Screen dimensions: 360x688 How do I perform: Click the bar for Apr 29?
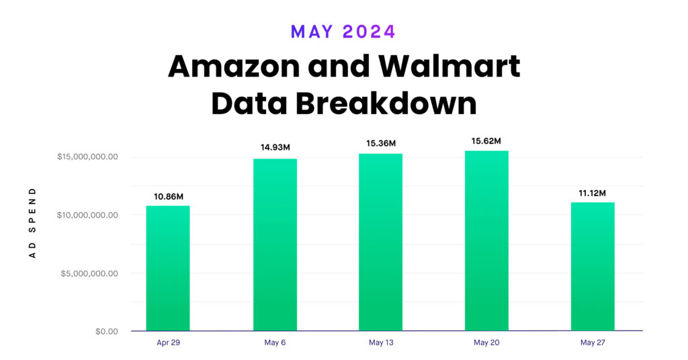click(x=167, y=268)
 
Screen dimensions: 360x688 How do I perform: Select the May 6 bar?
click(x=275, y=244)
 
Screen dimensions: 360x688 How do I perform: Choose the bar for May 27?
click(x=593, y=267)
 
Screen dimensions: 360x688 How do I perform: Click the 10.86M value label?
click(x=168, y=196)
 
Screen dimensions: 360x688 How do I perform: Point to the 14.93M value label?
click(x=275, y=147)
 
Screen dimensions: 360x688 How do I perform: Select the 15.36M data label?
click(x=380, y=143)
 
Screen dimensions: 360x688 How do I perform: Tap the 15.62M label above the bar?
click(x=486, y=141)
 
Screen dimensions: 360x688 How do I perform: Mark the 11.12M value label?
click(x=593, y=193)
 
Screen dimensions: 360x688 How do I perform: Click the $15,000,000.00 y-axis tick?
click(x=87, y=157)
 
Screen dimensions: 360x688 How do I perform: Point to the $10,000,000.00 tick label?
click(x=87, y=215)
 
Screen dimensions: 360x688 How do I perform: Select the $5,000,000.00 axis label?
click(x=89, y=273)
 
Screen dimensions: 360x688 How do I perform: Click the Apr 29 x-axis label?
click(x=167, y=343)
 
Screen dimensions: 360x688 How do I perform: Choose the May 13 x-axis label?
click(x=380, y=343)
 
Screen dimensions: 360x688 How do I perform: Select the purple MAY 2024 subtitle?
click(x=343, y=31)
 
